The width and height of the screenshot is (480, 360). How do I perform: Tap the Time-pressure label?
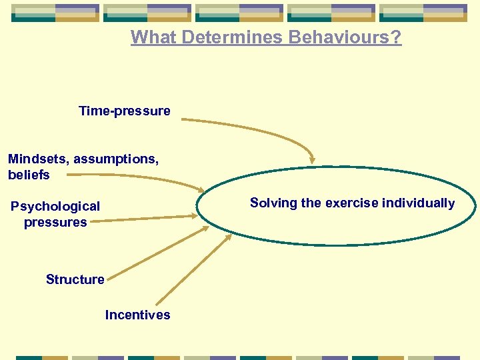click(124, 111)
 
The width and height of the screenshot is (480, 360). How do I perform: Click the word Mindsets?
click(37, 159)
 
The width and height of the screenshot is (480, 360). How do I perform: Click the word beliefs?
click(29, 175)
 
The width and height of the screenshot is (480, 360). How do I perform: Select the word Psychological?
click(55, 207)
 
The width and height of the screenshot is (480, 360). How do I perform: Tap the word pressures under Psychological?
click(55, 223)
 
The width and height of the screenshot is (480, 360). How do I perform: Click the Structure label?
click(75, 280)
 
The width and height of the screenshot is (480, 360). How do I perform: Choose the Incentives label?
click(137, 315)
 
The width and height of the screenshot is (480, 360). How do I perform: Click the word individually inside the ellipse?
click(419, 203)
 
